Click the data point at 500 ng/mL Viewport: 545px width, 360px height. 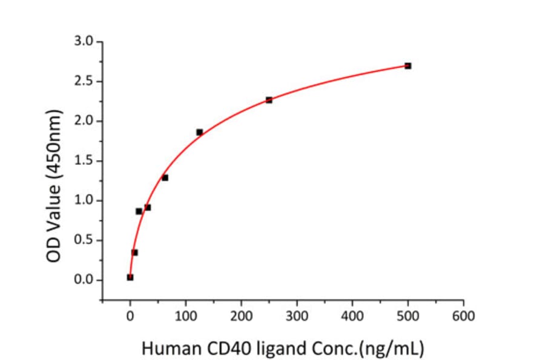(x=408, y=65)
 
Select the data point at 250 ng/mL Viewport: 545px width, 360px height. (x=269, y=100)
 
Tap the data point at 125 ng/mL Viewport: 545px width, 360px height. (x=199, y=132)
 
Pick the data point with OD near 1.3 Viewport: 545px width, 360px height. (x=165, y=178)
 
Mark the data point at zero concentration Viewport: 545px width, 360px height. (x=130, y=277)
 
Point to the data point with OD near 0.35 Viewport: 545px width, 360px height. (x=134, y=252)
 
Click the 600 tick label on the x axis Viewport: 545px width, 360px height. (x=463, y=315)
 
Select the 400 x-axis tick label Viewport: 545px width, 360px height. (x=352, y=315)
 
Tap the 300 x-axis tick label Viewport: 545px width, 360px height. (x=297, y=315)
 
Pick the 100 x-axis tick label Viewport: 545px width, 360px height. (x=185, y=315)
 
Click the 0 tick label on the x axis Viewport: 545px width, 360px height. (x=130, y=315)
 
